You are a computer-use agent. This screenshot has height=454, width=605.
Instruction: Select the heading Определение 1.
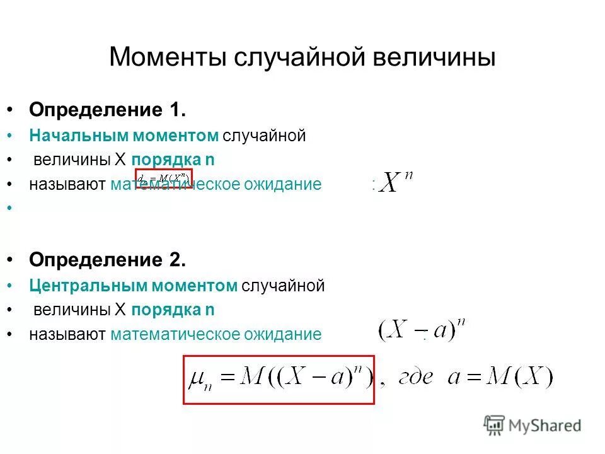(x=107, y=110)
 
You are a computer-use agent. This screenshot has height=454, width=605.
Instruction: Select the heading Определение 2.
(x=107, y=260)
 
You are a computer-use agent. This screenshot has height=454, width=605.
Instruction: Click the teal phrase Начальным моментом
(x=124, y=136)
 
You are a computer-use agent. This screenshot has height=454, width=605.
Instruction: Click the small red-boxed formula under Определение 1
(x=164, y=178)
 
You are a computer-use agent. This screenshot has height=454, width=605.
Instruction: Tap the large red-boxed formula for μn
(x=279, y=379)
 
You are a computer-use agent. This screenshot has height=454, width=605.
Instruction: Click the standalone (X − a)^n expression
(x=422, y=330)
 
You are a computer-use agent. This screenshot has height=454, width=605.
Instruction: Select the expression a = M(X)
(x=499, y=378)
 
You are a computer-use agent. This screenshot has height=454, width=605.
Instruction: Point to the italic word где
(x=417, y=379)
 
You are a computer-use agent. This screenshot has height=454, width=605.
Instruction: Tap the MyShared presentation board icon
(x=495, y=425)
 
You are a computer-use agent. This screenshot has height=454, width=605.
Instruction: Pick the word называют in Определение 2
(x=67, y=334)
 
